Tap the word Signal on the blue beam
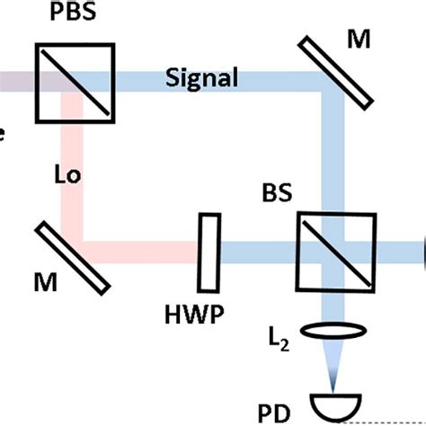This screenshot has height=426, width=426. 203,78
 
